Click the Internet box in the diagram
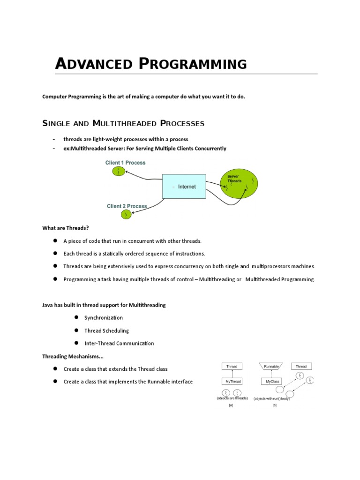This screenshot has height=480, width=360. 184,187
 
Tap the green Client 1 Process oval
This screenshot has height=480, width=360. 119,172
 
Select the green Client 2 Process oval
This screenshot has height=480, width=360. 127,215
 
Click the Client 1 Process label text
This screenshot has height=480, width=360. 125,163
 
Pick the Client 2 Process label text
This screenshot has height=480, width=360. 127,206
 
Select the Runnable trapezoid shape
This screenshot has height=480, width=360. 272,366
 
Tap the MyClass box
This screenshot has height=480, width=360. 272,382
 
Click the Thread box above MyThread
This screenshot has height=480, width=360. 232,366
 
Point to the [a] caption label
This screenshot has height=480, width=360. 231,405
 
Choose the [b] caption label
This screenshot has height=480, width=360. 274,405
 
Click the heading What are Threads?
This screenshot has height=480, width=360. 65,228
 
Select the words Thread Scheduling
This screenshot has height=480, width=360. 106,330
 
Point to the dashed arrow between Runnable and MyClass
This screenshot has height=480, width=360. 272,374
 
